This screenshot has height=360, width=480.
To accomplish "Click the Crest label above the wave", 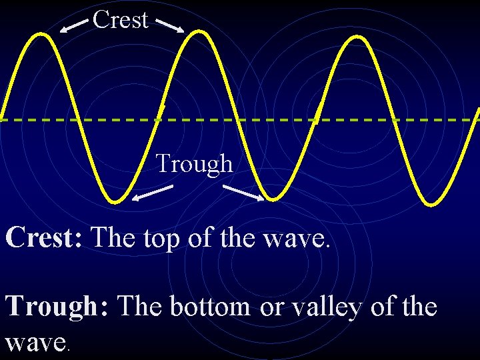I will coord(120,19).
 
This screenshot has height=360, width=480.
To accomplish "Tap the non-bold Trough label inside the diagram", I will coord(195,163).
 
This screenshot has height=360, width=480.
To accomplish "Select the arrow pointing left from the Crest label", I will coord(74,25).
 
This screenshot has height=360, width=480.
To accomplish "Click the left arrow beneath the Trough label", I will coord(152,193).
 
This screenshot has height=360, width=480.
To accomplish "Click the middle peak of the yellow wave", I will coord(199,33).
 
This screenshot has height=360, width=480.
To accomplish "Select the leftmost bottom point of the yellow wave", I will coord(116,200).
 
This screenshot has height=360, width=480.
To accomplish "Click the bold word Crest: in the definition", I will coord(44,237).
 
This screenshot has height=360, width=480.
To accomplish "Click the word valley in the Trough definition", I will coord(325,308).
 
